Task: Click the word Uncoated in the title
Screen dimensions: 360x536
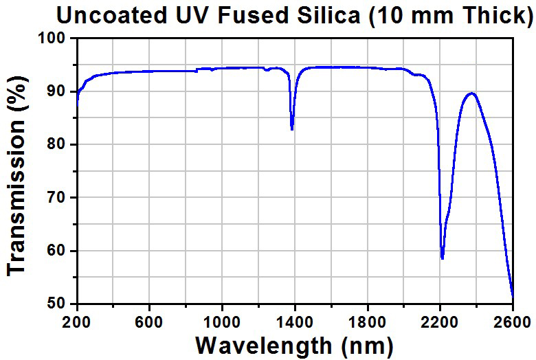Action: (x=109, y=15)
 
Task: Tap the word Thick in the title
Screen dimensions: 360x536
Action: (x=493, y=15)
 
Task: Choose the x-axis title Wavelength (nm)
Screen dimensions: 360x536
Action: (x=295, y=344)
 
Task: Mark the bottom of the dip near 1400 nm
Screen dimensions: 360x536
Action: (x=292, y=129)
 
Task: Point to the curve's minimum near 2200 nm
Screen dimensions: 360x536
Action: (x=442, y=258)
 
